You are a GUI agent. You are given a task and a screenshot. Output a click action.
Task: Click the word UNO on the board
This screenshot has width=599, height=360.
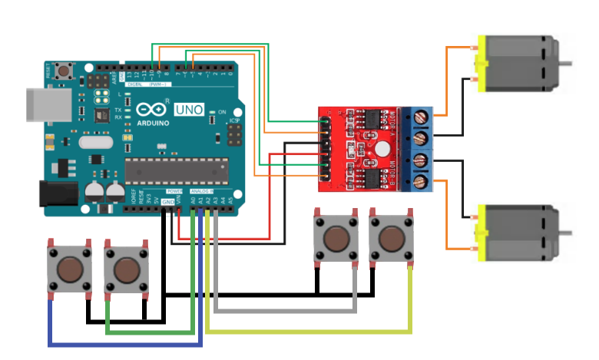tap(189, 111)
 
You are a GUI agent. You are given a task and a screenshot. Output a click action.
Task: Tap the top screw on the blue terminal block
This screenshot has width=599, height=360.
tap(422, 118)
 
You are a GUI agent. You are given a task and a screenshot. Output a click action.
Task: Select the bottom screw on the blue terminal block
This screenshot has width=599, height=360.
tap(422, 182)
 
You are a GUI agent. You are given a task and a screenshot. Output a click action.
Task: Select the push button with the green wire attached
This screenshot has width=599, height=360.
tap(125, 270)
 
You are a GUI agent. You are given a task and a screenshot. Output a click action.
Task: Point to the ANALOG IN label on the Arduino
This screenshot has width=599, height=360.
tap(204, 190)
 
